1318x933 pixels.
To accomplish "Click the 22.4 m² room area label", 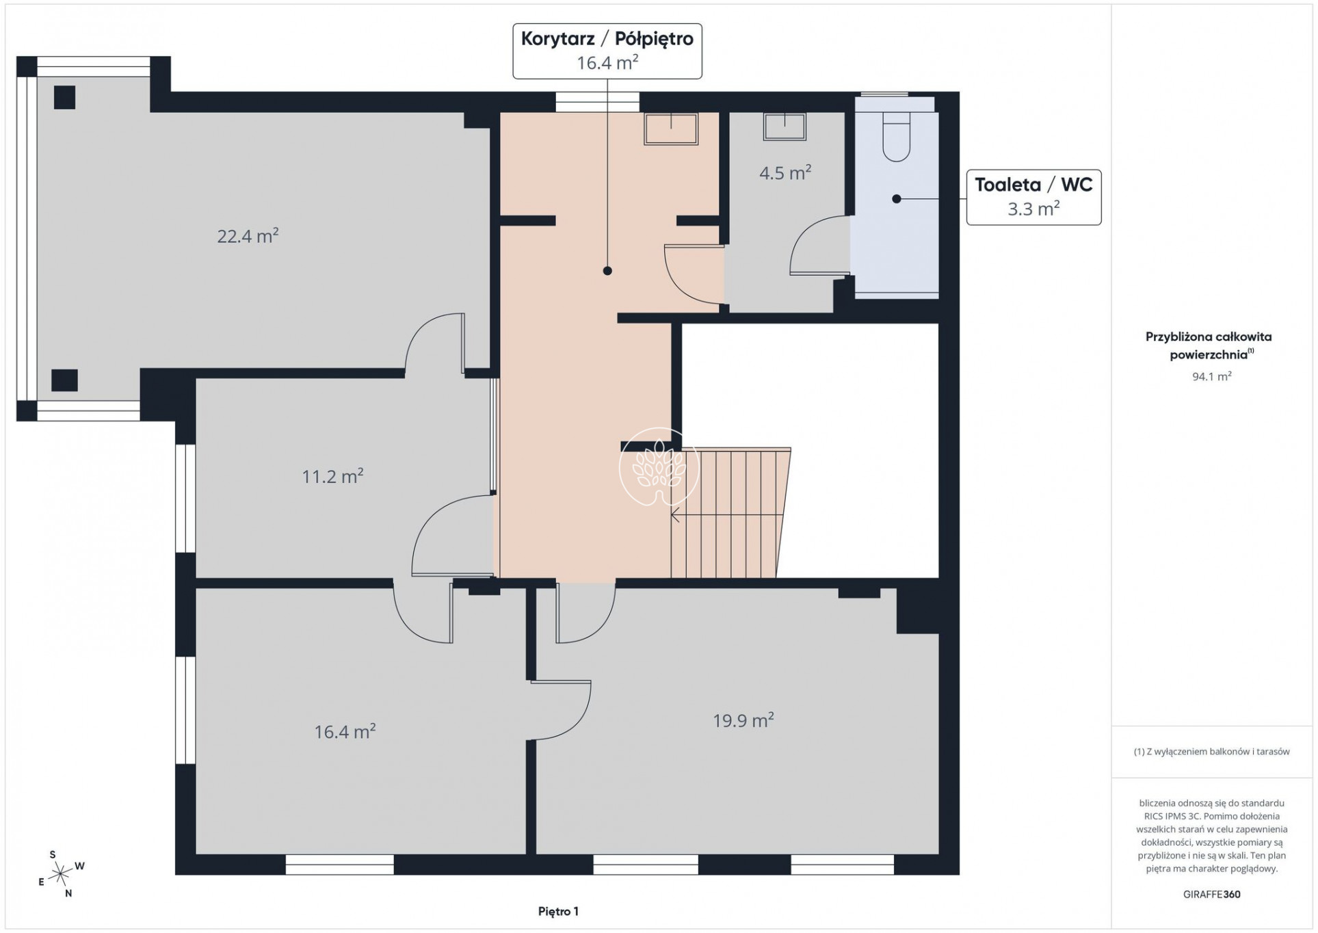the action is pos(248,236).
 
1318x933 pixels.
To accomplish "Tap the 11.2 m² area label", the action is pos(332,475).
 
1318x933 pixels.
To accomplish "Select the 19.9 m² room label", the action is pos(743,720).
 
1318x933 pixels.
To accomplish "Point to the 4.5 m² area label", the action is pos(785,172).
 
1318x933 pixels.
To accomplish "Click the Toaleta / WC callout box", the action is pos(1033,197).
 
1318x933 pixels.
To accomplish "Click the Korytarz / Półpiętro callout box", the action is pos(607,51).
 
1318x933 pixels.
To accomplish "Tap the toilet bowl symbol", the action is pos(896,137).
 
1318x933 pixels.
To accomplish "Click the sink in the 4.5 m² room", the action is pos(785,127).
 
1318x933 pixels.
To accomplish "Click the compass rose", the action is pos(62,873).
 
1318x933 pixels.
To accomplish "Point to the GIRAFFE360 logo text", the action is pos(1211,894).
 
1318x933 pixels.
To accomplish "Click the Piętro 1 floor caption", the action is pos(558,911).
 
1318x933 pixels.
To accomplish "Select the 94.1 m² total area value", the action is pos(1211,376).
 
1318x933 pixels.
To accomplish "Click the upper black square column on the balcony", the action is pos(64,97).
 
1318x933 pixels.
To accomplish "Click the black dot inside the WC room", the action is pos(896,199).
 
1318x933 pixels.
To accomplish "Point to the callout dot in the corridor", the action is pos(607,271).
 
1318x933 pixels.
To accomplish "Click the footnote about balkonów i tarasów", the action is pos(1211,752).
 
